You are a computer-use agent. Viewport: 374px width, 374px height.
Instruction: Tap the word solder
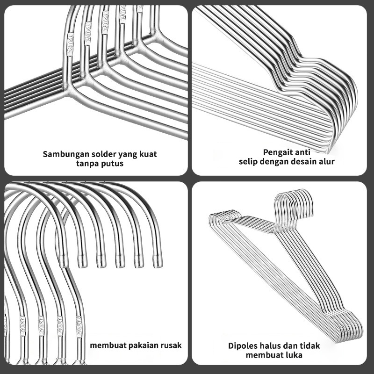[97, 154]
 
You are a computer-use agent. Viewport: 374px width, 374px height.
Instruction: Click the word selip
[249, 162]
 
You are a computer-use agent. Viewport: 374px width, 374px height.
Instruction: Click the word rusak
[170, 345]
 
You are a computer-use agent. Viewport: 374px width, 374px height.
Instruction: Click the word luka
[294, 355]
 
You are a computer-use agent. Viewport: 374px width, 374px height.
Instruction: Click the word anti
[304, 152]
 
